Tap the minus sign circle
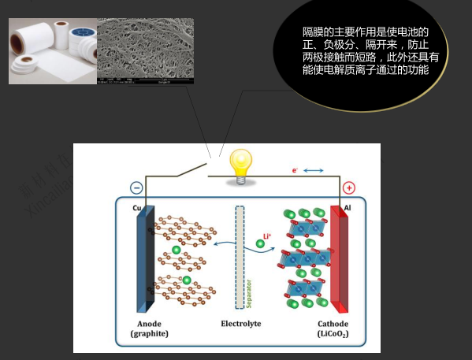coord(136,188)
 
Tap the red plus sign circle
coord(349,188)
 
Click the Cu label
coord(137,208)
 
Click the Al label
coord(347,208)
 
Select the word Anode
coord(150,324)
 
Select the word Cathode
coord(333,324)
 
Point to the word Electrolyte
coord(240,324)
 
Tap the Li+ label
coord(267,233)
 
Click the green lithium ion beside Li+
coord(260,244)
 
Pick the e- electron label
coord(295,169)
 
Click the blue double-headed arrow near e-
coord(313,169)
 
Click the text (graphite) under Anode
coord(150,334)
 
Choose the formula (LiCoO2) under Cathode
coord(333,334)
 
